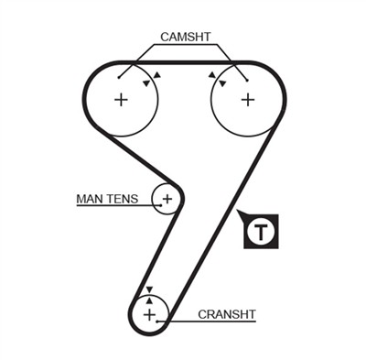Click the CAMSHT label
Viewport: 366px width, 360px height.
(x=186, y=37)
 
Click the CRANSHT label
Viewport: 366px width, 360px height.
(x=227, y=314)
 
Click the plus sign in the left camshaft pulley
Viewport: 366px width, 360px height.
(x=121, y=99)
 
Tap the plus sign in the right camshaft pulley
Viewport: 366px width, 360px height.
(x=247, y=99)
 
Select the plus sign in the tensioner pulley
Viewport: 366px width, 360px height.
(x=167, y=198)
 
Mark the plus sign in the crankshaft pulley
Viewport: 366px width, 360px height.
(x=149, y=314)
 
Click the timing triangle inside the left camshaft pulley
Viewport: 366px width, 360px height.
(x=145, y=83)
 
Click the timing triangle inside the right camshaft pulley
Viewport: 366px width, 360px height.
(x=222, y=83)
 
